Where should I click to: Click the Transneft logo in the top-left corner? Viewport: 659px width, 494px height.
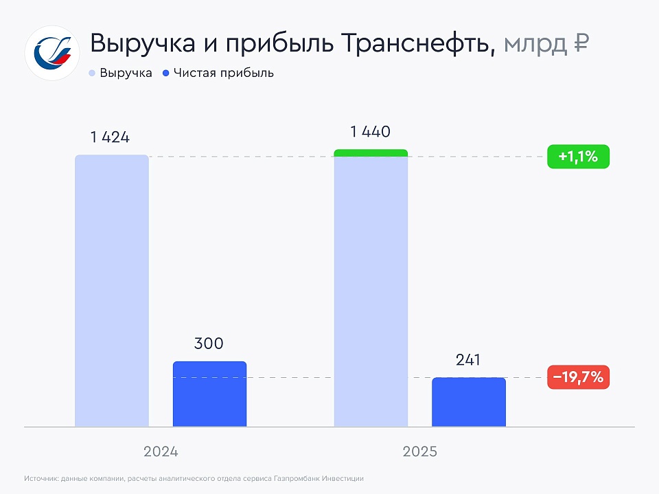[52, 53]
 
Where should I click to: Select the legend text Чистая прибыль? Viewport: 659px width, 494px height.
[223, 73]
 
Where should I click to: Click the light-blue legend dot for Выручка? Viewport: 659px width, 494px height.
[92, 73]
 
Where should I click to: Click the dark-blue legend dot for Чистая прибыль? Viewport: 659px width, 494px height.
[167, 73]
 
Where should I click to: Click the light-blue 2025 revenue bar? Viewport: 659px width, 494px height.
[371, 292]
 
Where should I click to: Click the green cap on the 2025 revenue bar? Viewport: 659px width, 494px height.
[371, 153]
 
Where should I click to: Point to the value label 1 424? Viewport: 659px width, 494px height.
[110, 137]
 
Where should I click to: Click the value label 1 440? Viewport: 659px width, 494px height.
[370, 132]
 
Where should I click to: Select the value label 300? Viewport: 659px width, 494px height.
[209, 344]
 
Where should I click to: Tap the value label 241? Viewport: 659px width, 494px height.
[468, 360]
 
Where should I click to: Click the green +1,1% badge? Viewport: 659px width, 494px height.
[578, 157]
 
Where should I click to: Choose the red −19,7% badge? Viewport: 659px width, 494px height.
[578, 377]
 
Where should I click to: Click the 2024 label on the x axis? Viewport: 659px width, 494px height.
[161, 452]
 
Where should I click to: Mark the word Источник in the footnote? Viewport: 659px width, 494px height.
[41, 478]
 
